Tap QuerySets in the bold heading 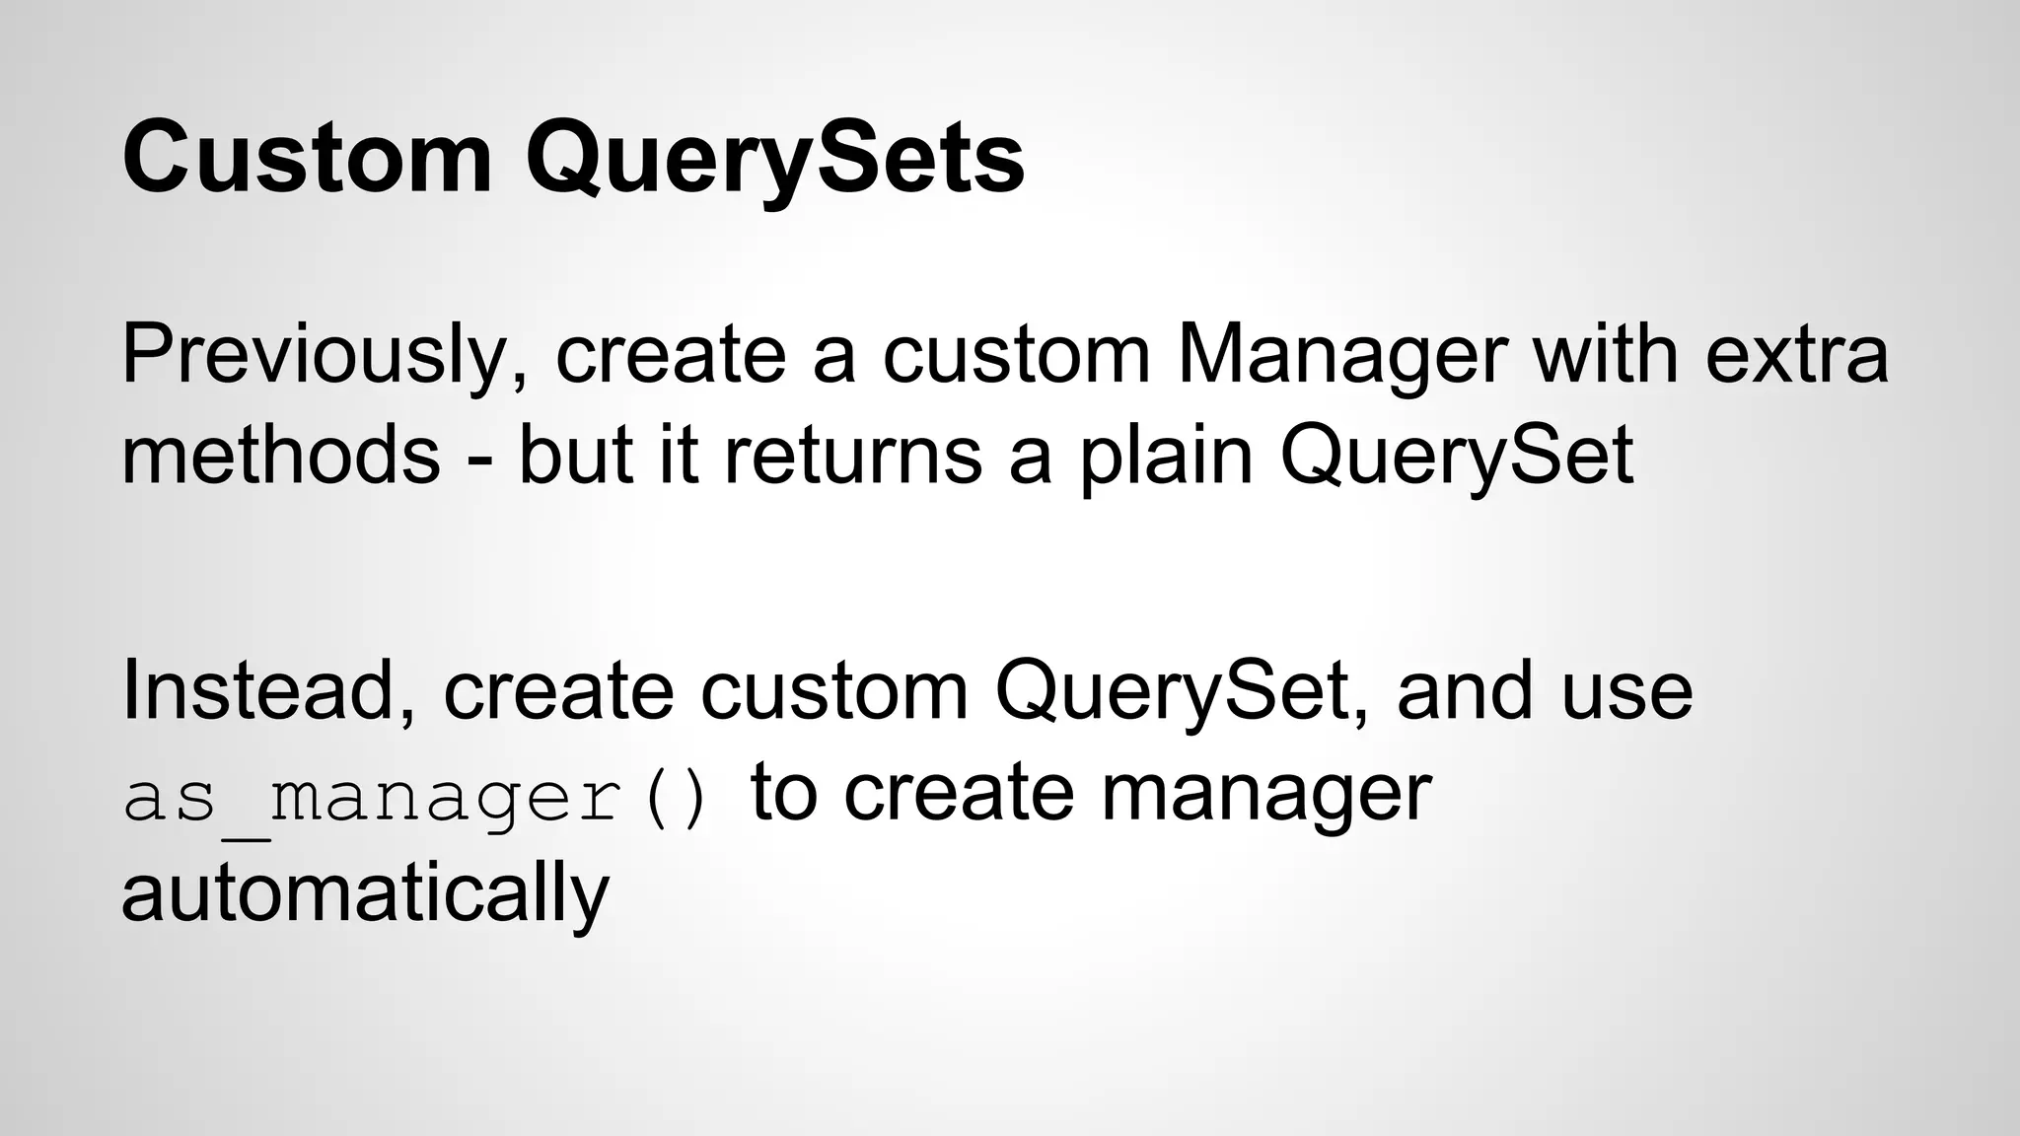775,158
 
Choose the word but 575,456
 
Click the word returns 853,456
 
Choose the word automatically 365,893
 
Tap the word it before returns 679,456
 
